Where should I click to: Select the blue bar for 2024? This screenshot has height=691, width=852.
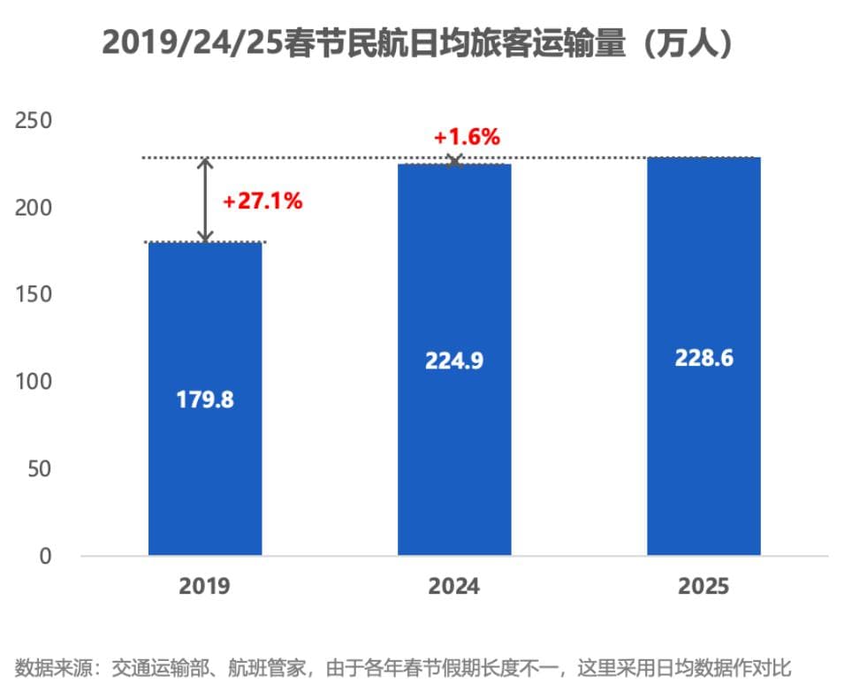pyautogui.click(x=454, y=459)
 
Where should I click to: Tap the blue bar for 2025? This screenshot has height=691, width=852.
pyautogui.click(x=704, y=459)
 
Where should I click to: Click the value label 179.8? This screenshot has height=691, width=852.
pyautogui.click(x=204, y=399)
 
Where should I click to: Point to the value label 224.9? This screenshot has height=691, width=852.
pyautogui.click(x=454, y=361)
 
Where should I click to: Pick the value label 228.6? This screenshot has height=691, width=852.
pyautogui.click(x=704, y=359)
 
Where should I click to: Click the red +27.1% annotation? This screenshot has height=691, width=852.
pyautogui.click(x=262, y=201)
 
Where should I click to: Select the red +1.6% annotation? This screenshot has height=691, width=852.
pyautogui.click(x=467, y=138)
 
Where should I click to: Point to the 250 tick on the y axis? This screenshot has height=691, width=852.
pyautogui.click(x=34, y=121)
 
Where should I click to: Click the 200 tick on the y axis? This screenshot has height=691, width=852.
pyautogui.click(x=34, y=208)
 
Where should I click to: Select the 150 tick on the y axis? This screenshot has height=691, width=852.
pyautogui.click(x=34, y=294)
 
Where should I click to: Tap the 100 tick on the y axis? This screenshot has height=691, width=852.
pyautogui.click(x=34, y=382)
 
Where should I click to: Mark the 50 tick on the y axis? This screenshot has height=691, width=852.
pyautogui.click(x=40, y=468)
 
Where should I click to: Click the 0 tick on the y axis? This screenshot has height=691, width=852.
pyautogui.click(x=45, y=556)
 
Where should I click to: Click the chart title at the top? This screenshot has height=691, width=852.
pyautogui.click(x=418, y=42)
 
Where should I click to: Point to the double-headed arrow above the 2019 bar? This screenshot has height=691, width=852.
pyautogui.click(x=205, y=201)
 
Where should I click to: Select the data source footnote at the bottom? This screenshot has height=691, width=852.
pyautogui.click(x=408, y=666)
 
